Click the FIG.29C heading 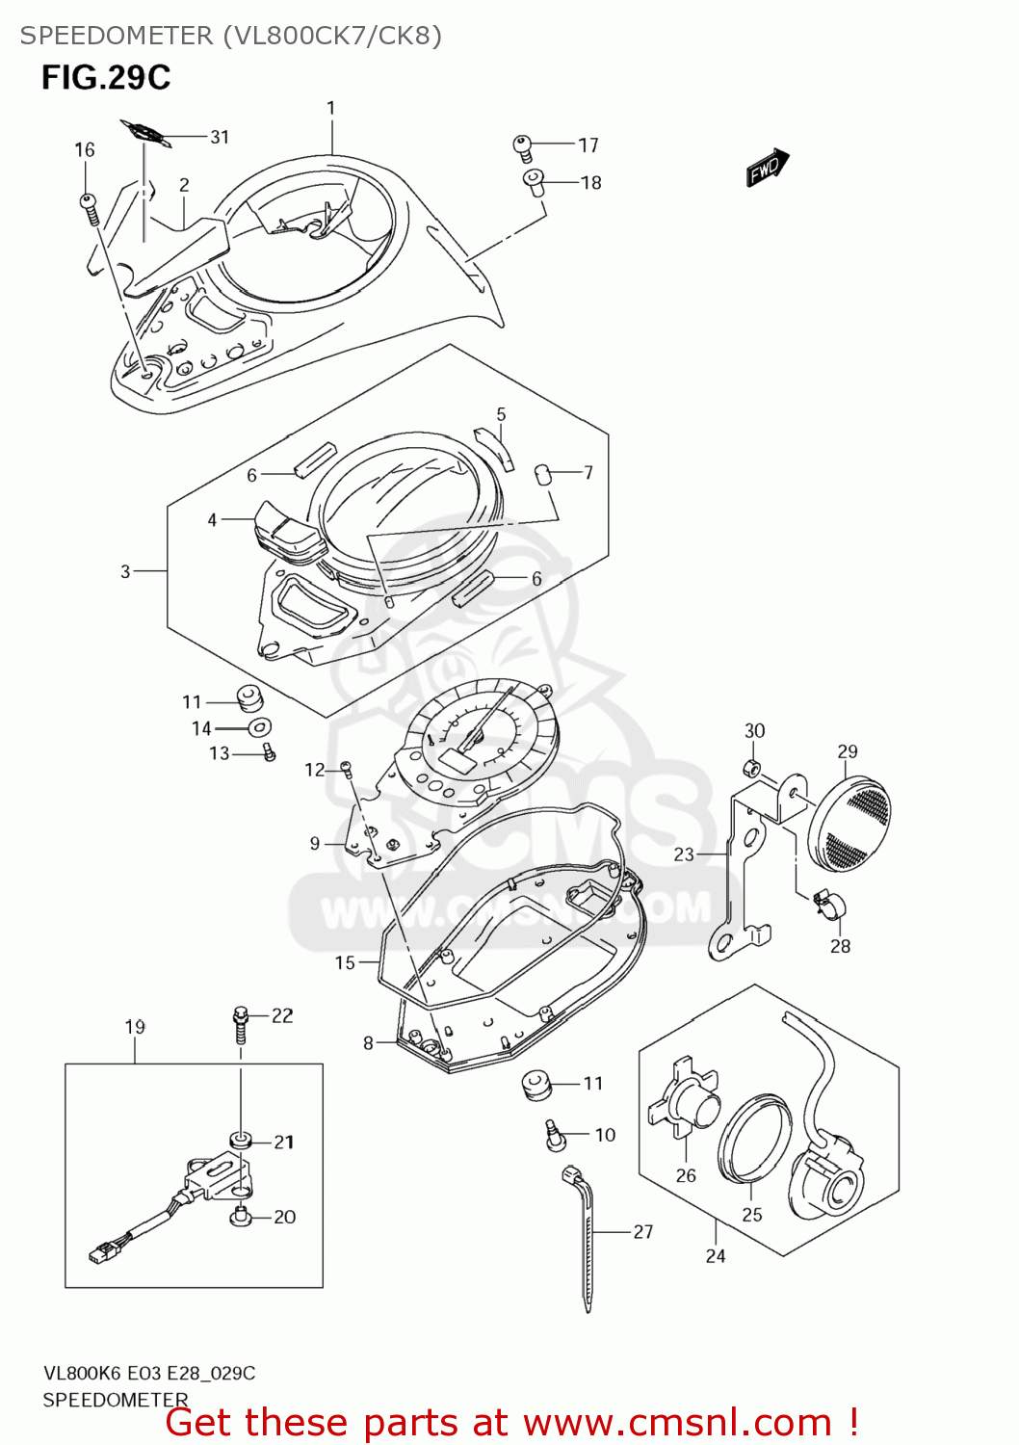pyautogui.click(x=106, y=78)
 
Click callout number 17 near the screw pyautogui.click(x=588, y=145)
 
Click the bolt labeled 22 pyautogui.click(x=241, y=1023)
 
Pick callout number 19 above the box pyautogui.click(x=135, y=1027)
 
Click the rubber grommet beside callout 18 pyautogui.click(x=535, y=181)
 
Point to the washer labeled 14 pyautogui.click(x=259, y=727)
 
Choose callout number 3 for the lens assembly pyautogui.click(x=125, y=571)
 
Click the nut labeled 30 pyautogui.click(x=753, y=768)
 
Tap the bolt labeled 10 pyautogui.click(x=555, y=1134)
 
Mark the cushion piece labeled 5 pyautogui.click(x=494, y=447)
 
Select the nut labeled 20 pyautogui.click(x=241, y=1218)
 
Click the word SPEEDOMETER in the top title pyautogui.click(x=117, y=36)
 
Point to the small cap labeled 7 pyautogui.click(x=542, y=473)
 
